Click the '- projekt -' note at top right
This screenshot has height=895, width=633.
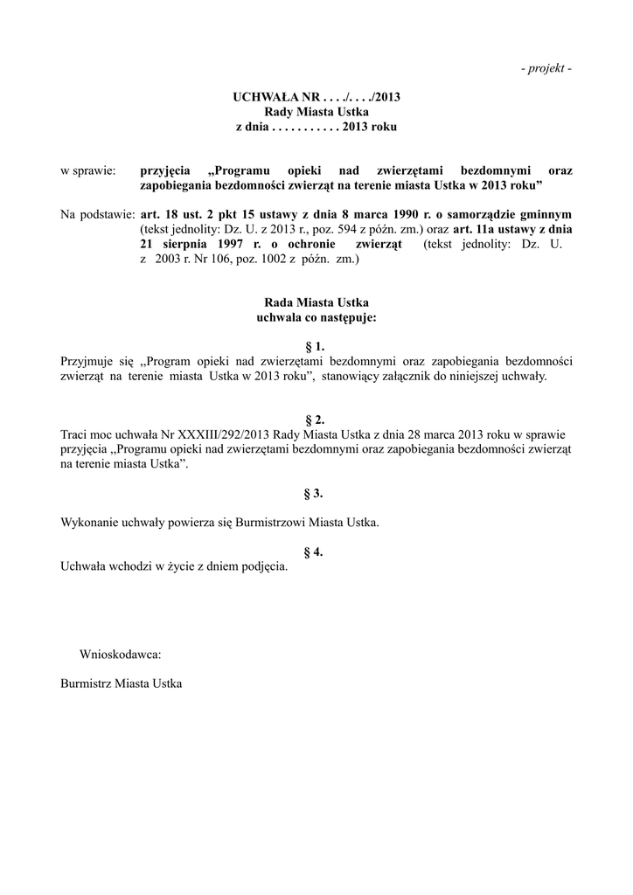pos(546,69)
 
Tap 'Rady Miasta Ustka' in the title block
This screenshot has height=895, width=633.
pos(316,112)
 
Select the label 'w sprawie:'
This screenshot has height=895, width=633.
pos(87,170)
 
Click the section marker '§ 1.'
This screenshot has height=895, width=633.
pos(315,346)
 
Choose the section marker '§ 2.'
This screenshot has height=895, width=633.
pos(315,420)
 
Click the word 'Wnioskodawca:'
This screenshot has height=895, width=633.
pos(121,654)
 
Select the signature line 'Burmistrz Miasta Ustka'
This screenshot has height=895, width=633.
pos(121,683)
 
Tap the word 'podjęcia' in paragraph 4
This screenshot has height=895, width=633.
pos(265,567)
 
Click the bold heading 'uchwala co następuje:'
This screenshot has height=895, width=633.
pos(316,317)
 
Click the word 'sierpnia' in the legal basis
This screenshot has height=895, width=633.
pos(185,245)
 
